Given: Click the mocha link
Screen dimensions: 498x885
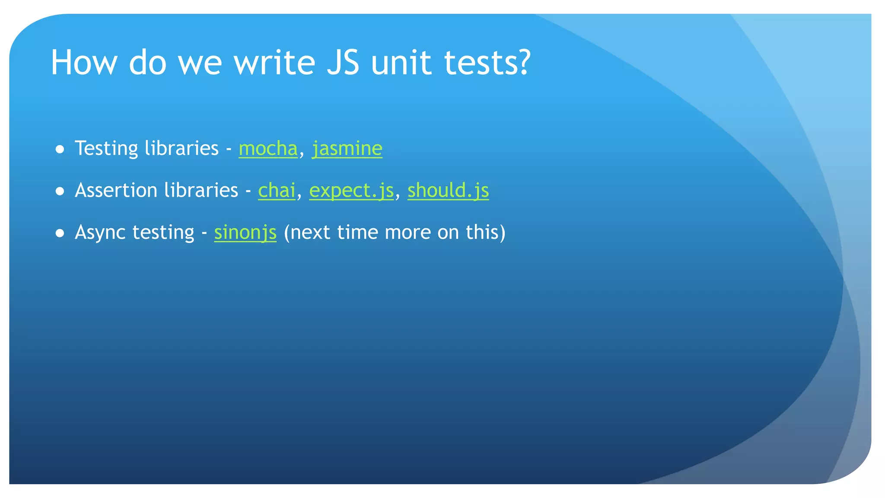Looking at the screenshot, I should pos(268,148).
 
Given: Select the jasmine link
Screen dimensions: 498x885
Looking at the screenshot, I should pos(347,148).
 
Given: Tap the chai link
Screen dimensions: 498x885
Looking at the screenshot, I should pos(277,190).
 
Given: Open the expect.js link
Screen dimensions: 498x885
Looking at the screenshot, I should pos(351,190).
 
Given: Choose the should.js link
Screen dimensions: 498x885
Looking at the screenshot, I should pos(448,190).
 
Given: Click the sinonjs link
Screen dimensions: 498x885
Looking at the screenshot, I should pos(245,232).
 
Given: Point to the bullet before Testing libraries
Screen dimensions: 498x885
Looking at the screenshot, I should pos(60,150).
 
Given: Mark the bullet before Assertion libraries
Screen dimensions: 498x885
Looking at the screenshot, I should pos(60,192).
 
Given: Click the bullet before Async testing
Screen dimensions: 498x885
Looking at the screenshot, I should pos(60,233).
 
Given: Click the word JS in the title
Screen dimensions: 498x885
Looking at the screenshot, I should pos(343,62).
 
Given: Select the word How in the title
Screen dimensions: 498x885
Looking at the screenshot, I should pos(84,62).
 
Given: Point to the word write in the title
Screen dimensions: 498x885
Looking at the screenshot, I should pos(274,62).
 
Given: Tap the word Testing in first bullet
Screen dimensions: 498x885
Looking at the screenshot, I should pos(106,148).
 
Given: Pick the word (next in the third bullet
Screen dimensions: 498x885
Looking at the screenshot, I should pos(307,232).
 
